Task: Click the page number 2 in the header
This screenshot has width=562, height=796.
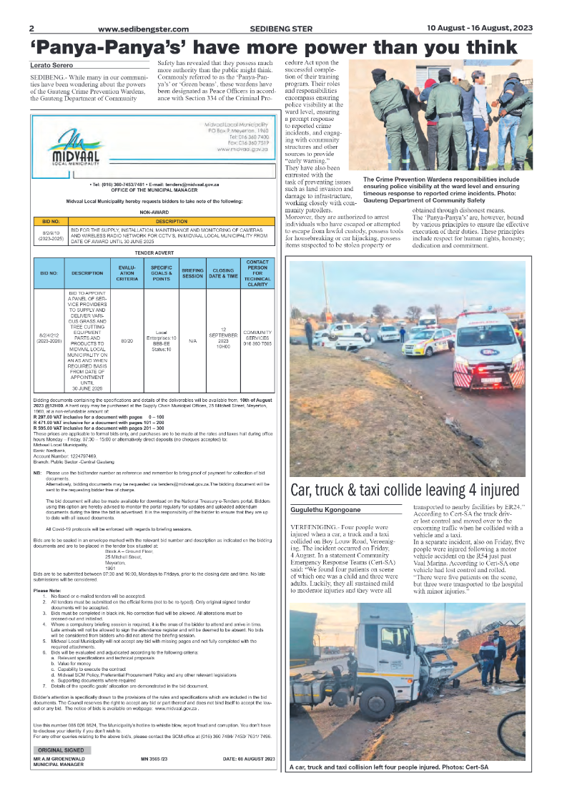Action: point(32,29)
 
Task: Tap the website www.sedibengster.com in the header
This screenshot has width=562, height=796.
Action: point(143,29)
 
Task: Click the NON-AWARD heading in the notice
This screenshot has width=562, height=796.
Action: point(154,212)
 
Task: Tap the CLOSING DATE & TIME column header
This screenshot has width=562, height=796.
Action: point(222,272)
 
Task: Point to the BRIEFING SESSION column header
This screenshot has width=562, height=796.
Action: point(192,272)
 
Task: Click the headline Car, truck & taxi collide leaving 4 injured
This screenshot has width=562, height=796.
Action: point(405,490)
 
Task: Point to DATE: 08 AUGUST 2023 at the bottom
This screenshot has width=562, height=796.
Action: point(248,758)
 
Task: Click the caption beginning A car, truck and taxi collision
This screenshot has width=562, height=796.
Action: point(389,767)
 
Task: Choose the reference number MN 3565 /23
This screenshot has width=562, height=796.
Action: point(154,758)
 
